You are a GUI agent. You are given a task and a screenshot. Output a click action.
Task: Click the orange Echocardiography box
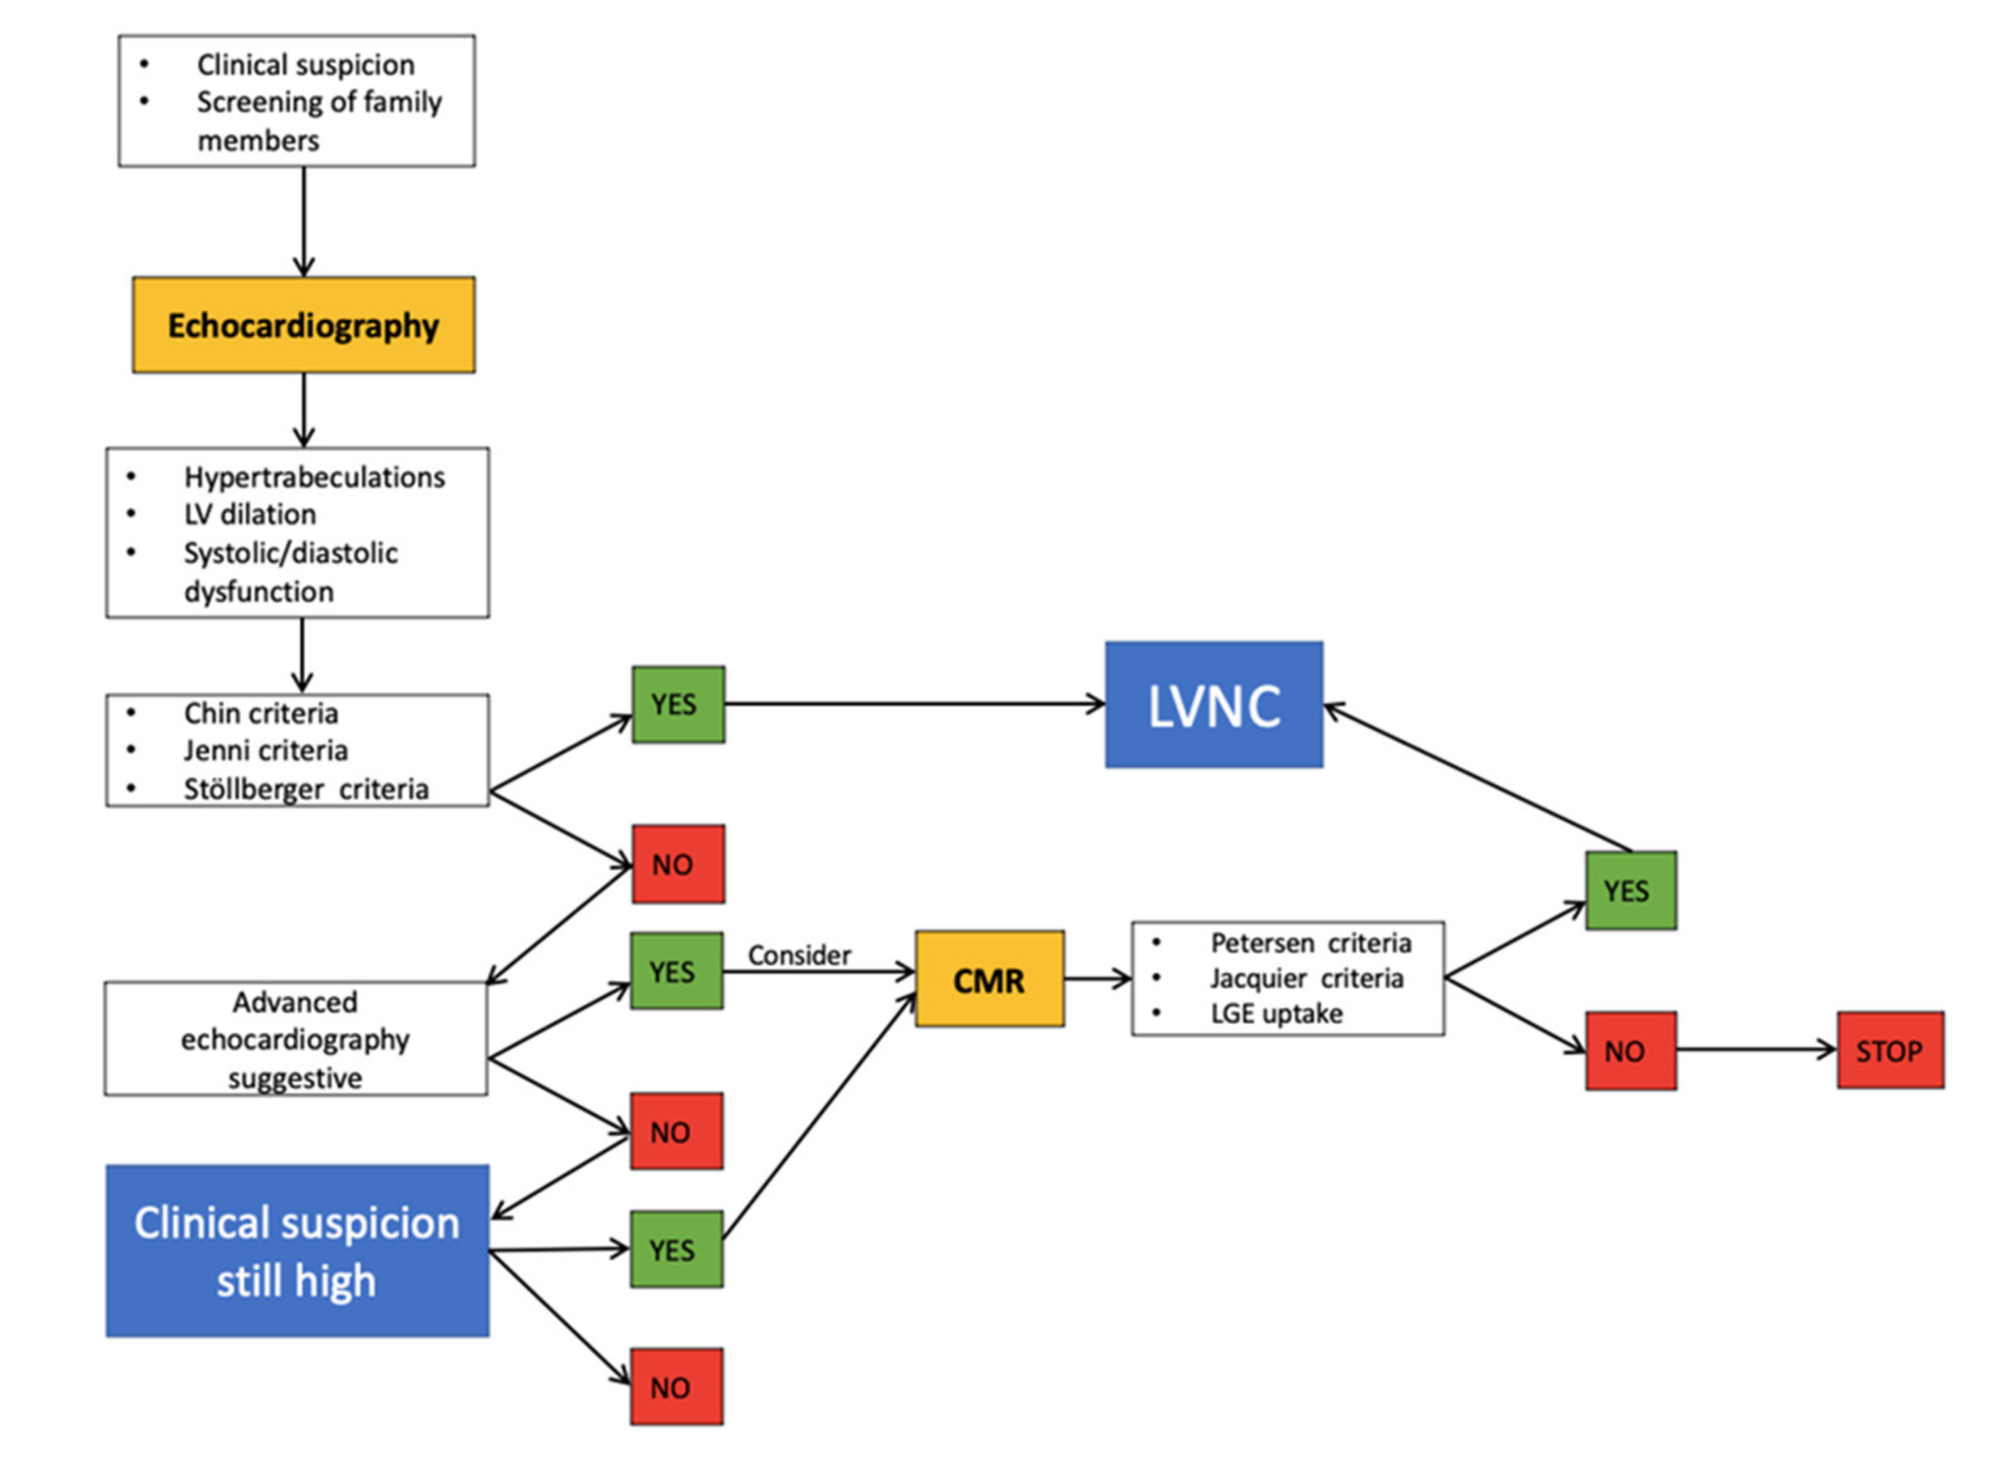pos(303,325)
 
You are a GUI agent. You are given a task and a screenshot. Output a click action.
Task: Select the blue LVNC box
pos(1213,705)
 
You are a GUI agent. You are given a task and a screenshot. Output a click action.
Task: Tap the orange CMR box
pos(989,979)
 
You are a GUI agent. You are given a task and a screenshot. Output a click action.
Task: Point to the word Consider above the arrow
pos(798,955)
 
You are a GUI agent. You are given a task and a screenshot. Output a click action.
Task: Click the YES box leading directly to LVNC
pos(677,705)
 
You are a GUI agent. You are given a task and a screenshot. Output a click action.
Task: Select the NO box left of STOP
pos(1630,1051)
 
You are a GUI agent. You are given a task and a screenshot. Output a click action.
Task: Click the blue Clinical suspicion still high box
pos(297,1250)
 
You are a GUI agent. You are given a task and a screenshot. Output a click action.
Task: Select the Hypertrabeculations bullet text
pos(314,477)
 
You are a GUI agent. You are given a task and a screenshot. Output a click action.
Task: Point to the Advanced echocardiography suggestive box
pos(295,1038)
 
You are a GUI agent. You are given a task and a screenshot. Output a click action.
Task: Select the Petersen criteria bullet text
pos(1310,943)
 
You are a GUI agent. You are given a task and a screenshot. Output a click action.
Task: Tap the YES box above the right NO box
pos(1630,891)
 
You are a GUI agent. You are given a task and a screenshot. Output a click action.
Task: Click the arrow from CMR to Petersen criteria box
pos(1096,979)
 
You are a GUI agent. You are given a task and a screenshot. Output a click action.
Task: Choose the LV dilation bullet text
pos(249,514)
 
